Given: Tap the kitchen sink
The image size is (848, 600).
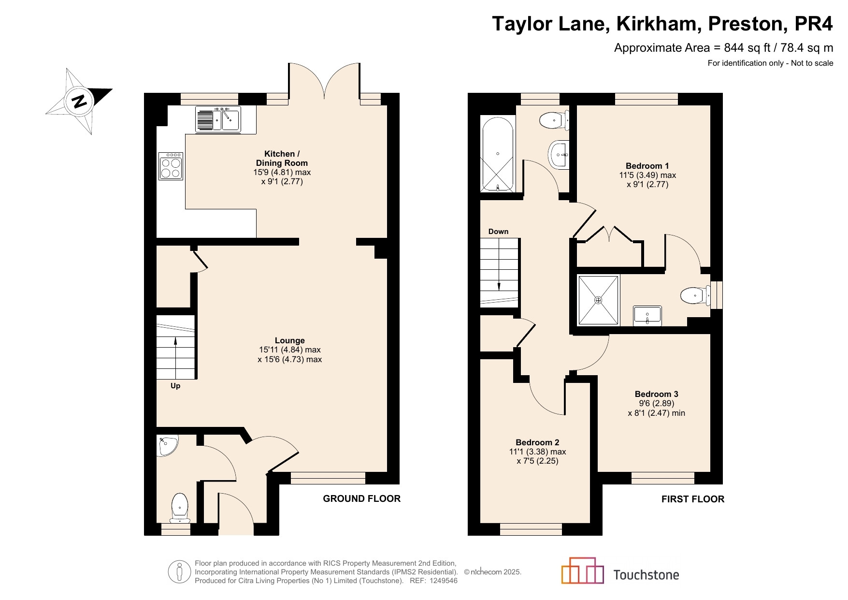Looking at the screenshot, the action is click(x=218, y=119).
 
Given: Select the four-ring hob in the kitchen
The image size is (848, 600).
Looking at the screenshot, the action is click(x=171, y=166).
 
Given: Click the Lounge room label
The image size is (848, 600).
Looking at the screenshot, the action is click(x=290, y=340).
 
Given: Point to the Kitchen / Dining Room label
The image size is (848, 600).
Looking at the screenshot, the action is click(x=282, y=159).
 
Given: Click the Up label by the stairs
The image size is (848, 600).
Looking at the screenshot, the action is click(x=175, y=386).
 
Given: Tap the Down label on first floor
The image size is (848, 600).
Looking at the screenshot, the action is click(x=498, y=232).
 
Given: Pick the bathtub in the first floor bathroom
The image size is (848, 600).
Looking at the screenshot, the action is click(x=498, y=154).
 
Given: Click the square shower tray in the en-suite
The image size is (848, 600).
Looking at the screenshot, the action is click(x=599, y=300).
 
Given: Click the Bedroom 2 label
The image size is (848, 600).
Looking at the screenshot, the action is click(x=537, y=442).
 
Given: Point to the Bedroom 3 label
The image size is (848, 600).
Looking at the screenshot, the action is click(x=657, y=394).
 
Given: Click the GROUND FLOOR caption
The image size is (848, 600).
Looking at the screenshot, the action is click(x=362, y=498).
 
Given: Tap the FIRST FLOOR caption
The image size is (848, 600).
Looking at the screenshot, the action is click(x=693, y=499).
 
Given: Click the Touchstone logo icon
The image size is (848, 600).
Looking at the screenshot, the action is click(x=583, y=571).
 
